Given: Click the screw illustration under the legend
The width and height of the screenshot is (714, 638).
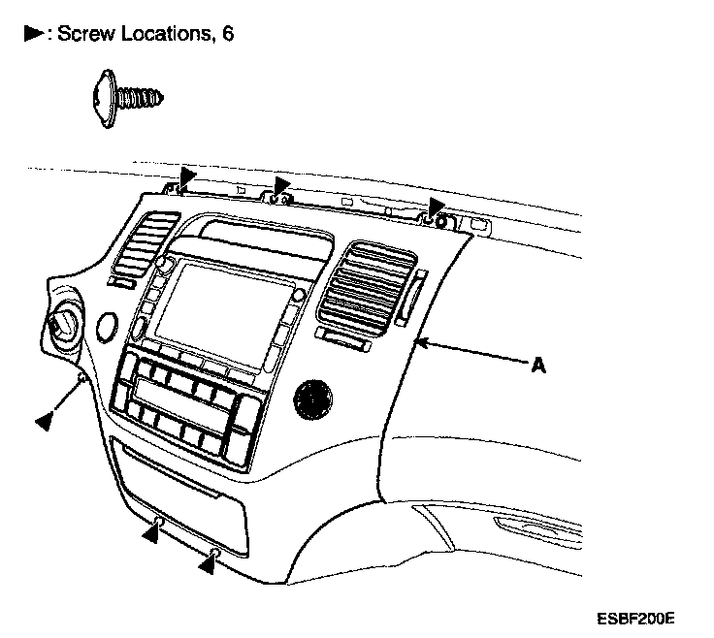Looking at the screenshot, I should tap(126, 96).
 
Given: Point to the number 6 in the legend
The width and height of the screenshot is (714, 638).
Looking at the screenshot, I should tap(227, 34).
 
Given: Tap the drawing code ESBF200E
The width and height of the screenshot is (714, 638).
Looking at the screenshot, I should tap(636, 617).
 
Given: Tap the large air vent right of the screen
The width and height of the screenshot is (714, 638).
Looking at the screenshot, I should tap(366, 285).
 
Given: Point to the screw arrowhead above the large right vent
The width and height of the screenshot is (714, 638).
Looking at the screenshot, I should tap(437, 206).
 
